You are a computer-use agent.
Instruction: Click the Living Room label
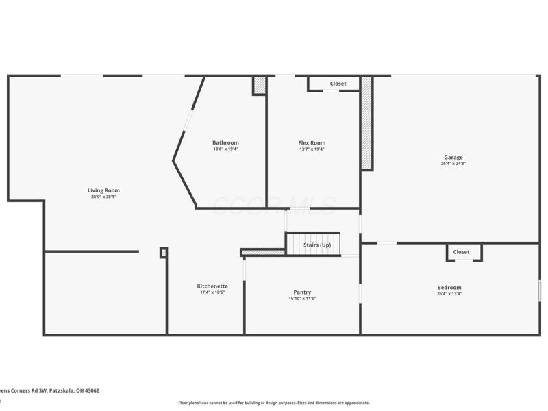click(103, 190)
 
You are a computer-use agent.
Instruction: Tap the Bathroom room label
click(225, 142)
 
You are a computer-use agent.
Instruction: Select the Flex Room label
click(312, 142)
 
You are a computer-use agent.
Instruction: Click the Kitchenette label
click(212, 286)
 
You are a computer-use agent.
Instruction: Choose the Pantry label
click(302, 292)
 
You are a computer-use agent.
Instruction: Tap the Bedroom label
click(449, 287)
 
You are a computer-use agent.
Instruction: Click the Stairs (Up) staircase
click(313, 245)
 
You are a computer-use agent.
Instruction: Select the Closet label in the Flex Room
click(338, 84)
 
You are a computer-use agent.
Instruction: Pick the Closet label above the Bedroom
click(462, 252)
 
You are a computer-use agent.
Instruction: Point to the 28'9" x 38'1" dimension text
click(103, 197)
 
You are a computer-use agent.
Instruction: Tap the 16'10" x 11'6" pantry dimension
click(302, 299)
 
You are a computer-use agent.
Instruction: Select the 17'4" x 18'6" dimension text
click(212, 292)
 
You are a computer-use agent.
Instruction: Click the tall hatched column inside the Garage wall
click(366, 123)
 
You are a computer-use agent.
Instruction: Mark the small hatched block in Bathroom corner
click(260, 86)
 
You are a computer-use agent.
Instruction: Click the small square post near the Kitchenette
click(163, 253)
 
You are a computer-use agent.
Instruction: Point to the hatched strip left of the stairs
click(263, 252)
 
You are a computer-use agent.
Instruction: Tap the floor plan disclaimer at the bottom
click(274, 403)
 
